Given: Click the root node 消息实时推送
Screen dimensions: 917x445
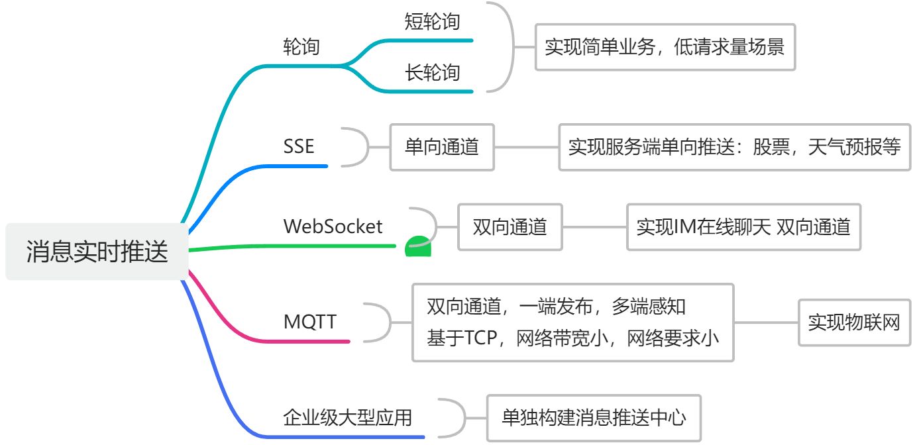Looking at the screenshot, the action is coord(97,251).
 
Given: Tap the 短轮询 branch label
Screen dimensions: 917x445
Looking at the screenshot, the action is coord(432,21).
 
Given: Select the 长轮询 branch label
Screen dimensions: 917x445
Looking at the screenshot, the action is coord(432,72).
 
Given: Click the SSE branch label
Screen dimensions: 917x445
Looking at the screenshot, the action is coord(298,146).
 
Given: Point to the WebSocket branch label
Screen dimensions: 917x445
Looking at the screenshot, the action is coord(333,226).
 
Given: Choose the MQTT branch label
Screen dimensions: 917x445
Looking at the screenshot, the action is coord(310,322).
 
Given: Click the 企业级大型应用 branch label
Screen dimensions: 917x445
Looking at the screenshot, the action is coord(348,418).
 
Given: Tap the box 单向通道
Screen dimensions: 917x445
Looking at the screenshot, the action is coord(442,147).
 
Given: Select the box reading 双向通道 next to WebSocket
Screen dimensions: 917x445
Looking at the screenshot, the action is coord(510,227).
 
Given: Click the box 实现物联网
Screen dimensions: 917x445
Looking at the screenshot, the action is coord(854,322).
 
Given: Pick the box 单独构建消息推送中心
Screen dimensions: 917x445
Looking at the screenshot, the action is coord(594,418).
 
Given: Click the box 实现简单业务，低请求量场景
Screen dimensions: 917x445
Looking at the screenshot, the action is coord(665,47).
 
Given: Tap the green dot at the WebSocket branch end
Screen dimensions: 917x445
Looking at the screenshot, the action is coord(418,246).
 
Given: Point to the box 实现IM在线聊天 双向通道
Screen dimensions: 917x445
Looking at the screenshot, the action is coord(744,227).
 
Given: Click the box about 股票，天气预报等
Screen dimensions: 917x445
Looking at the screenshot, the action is coord(735,147).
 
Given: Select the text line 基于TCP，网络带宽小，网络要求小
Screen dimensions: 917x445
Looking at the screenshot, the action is coord(572,338).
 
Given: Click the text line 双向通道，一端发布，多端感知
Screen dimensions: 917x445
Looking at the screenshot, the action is coord(556,307).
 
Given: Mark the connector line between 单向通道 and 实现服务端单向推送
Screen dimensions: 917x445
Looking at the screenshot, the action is coord(527,147).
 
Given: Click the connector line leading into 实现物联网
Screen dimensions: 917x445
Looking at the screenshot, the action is coord(767,322).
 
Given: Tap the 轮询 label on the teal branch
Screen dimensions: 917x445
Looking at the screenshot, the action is coord(301,46).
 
